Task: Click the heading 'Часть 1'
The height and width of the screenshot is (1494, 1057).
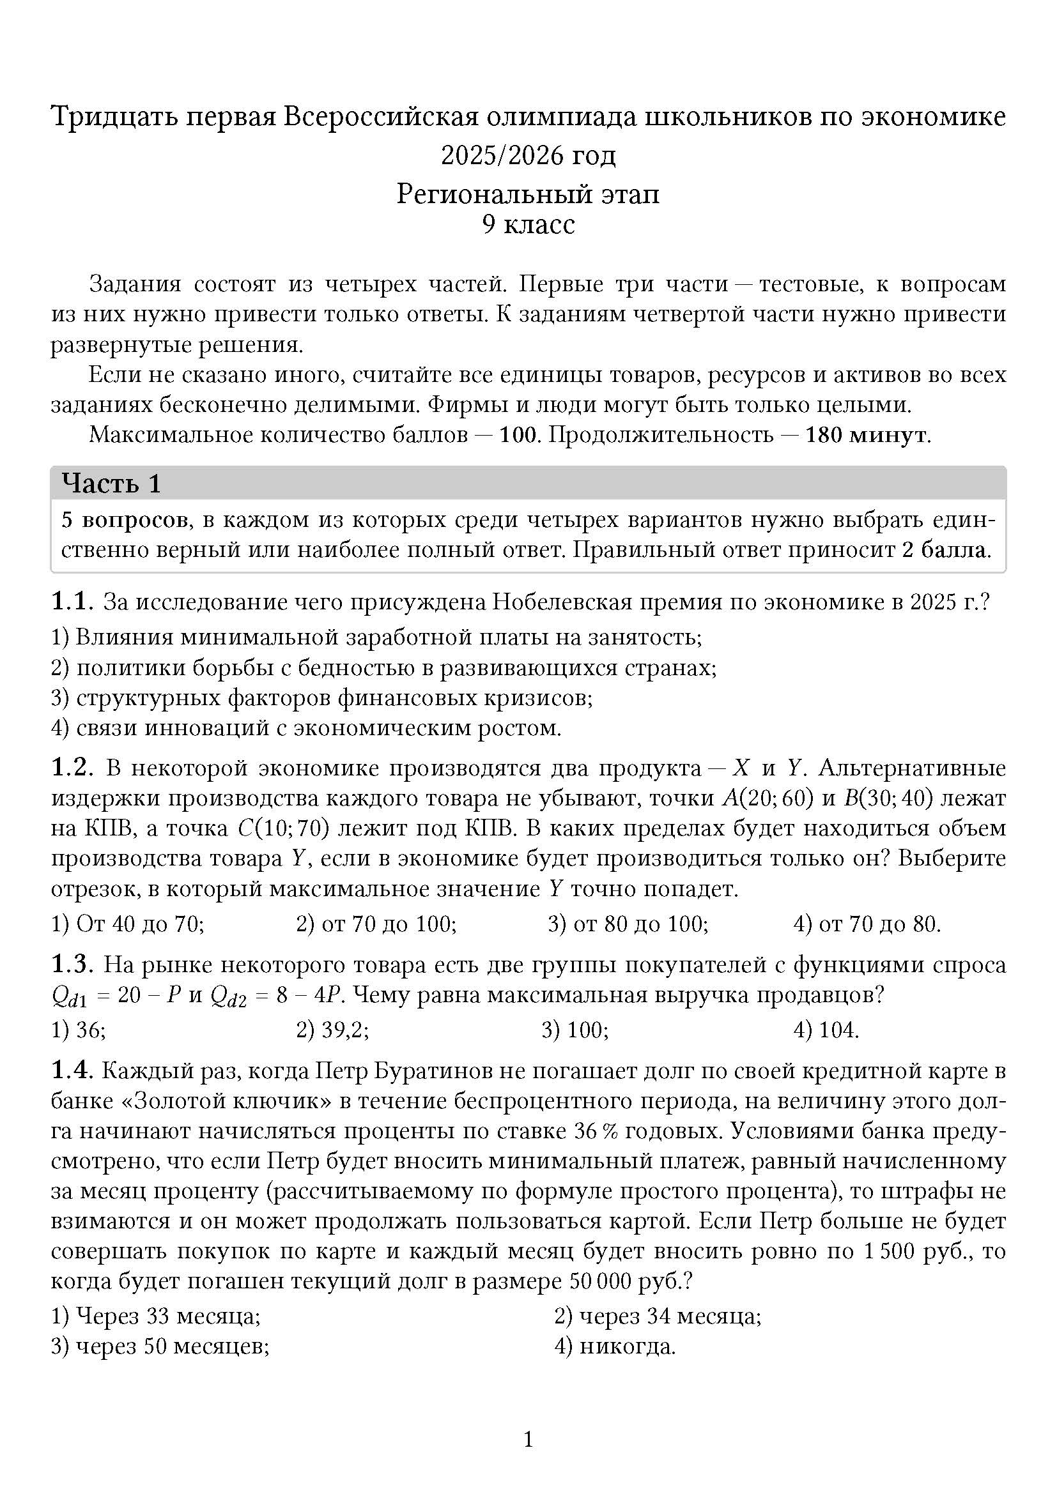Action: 111,484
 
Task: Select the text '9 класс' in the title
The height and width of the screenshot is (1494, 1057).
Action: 528,224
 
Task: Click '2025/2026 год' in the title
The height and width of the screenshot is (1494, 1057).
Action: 528,155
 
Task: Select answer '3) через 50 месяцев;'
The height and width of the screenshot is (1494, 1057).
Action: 160,1346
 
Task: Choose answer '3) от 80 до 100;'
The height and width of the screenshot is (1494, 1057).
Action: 628,924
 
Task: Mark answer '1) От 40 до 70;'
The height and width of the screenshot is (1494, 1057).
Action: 128,924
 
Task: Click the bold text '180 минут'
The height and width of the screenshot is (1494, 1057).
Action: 865,435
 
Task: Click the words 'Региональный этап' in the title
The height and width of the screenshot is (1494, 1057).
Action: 528,194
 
